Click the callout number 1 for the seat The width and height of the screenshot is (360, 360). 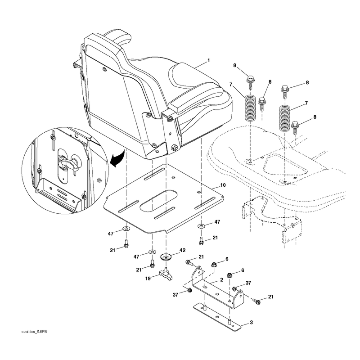click(x=208, y=60)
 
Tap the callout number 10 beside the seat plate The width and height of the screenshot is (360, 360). click(x=223, y=185)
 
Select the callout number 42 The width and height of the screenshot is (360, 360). click(x=183, y=250)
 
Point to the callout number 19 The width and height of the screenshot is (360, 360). click(x=148, y=279)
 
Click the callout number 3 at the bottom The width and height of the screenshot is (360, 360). click(x=251, y=322)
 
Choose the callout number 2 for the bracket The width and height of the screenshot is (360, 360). click(x=221, y=280)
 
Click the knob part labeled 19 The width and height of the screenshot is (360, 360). click(x=166, y=274)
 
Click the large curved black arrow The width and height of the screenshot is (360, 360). click(x=118, y=159)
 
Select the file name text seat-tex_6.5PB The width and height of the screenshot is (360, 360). click(x=34, y=332)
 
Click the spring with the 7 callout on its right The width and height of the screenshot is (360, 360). click(x=285, y=118)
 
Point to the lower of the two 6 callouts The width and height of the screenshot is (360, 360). click(x=243, y=270)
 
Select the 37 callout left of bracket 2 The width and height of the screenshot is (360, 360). click(x=175, y=295)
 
